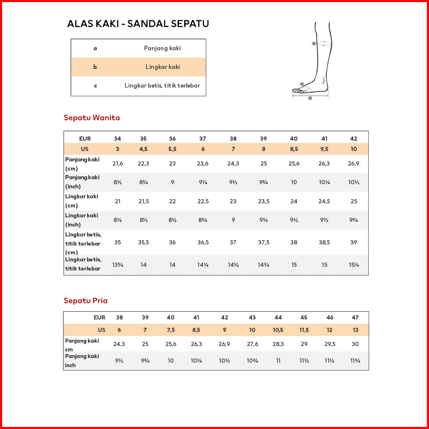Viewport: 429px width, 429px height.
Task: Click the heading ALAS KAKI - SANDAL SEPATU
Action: tap(138, 24)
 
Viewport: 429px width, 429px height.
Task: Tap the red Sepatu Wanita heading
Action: tap(92, 118)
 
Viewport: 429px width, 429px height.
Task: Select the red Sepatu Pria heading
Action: tap(85, 301)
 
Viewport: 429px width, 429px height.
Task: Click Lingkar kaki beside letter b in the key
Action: tap(162, 67)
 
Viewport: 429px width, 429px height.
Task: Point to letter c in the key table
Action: tap(95, 85)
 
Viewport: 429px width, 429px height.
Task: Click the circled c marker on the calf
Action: tap(314, 43)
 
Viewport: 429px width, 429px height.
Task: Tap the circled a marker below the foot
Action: tap(310, 98)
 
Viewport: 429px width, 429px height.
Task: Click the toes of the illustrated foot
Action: tap(297, 90)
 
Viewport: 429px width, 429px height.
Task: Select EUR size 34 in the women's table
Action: tap(117, 139)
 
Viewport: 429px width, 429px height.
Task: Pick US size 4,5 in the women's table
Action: tap(143, 149)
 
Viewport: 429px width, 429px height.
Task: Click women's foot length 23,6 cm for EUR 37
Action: tap(202, 163)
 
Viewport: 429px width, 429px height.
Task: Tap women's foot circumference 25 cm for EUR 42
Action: tap(353, 201)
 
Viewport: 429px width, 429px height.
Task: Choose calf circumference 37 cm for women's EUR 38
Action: tap(233, 242)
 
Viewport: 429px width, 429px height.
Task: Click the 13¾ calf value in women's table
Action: tap(118, 265)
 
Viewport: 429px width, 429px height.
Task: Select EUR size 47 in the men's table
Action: tap(355, 317)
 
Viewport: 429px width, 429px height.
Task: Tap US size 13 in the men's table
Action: tap(355, 330)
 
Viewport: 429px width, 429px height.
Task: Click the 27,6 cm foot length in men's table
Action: tap(252, 344)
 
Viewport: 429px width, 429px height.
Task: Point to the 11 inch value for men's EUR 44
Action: tap(278, 361)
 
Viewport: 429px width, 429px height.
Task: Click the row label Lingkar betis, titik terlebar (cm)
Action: tap(83, 243)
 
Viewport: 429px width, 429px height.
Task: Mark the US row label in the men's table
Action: tap(101, 330)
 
